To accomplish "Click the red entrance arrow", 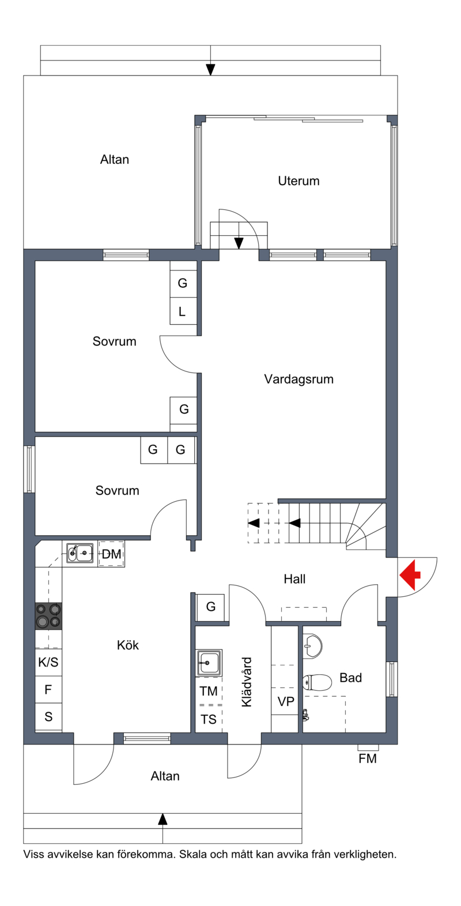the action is (x=410, y=575).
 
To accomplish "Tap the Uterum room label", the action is (x=298, y=181).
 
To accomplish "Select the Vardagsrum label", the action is (x=299, y=379).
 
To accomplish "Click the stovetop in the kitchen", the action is (x=48, y=616).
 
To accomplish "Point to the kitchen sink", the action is (x=80, y=553).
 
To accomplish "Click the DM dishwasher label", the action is (x=112, y=554).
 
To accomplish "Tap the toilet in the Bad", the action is (x=317, y=682).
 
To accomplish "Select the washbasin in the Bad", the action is (x=312, y=646).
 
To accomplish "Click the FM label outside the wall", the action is (x=368, y=758).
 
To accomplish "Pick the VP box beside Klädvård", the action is (x=286, y=701).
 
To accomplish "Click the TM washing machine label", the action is (x=209, y=691).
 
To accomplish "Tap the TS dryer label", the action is (x=209, y=719).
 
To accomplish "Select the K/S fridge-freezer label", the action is (x=48, y=662).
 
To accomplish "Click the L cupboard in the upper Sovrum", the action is (x=183, y=311).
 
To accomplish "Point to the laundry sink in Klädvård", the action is (x=209, y=663).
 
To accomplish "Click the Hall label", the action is (x=294, y=579).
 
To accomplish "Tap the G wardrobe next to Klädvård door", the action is (x=210, y=607).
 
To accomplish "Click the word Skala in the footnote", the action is (x=194, y=855).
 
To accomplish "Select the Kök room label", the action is (x=128, y=645).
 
